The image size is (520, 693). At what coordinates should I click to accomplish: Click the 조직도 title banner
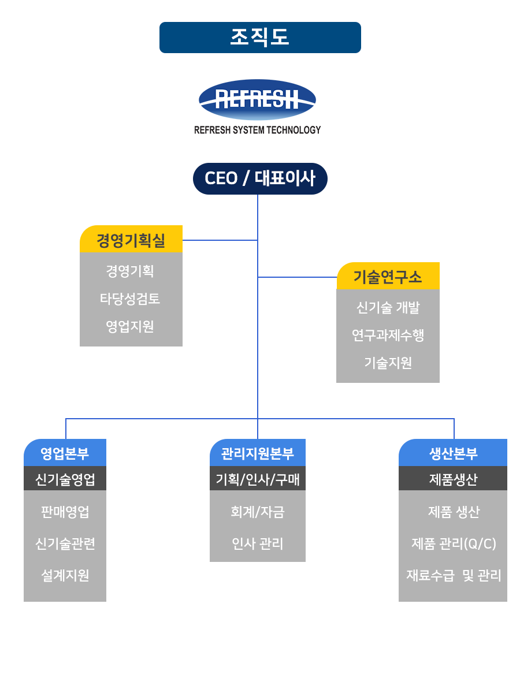pos(260,38)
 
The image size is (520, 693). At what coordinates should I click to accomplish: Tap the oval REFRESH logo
pos(257,99)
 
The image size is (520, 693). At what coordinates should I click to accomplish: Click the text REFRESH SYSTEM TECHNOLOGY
pos(257,130)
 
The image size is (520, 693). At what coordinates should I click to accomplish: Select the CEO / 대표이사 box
pos(260,178)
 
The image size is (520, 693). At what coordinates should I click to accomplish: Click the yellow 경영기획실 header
pos(131,239)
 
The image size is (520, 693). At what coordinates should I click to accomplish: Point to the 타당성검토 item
pos(130,299)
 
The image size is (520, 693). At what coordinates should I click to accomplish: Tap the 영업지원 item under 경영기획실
pos(130,326)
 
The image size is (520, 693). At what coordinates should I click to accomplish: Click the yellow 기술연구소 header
pos(388,275)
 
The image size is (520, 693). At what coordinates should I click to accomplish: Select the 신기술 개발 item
pos(388,307)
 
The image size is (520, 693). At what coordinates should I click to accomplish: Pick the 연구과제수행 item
pos(388,335)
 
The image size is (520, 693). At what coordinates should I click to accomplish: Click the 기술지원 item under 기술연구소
pos(388,363)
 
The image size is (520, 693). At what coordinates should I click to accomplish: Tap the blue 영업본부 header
pos(65,452)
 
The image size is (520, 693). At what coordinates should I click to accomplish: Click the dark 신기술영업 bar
pos(65,478)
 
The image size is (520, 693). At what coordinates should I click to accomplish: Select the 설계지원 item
pos(65,575)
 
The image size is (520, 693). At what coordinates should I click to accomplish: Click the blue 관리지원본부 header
pos(258,452)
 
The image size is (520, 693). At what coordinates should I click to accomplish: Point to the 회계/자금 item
pos(258,512)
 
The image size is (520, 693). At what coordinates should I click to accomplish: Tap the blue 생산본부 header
pos(453,452)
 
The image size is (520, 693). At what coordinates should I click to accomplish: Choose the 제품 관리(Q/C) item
pos(454,543)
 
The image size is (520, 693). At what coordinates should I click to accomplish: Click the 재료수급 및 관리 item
pos(454,575)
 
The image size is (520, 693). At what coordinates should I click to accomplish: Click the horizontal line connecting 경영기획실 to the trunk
pos(220,240)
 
